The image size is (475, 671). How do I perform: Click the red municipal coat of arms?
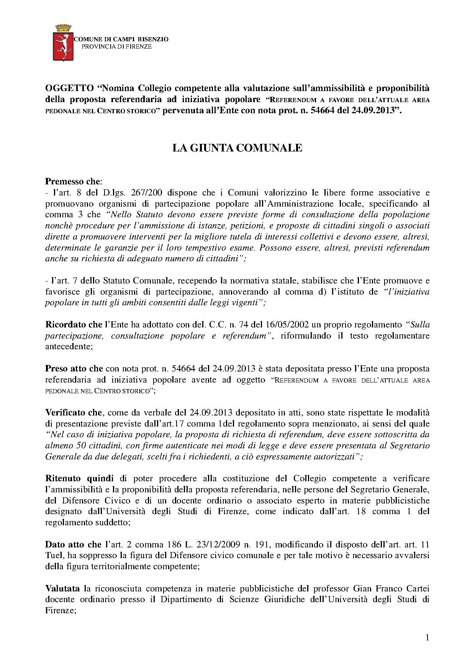point(62,46)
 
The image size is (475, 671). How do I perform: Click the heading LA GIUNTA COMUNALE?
point(237,148)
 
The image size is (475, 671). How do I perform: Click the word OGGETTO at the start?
point(69,88)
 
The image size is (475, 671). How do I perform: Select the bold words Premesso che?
point(72,181)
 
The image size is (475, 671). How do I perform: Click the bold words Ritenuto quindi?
point(79,479)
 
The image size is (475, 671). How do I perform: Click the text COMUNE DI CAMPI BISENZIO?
point(121,39)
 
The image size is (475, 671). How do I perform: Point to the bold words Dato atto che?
point(73,544)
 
